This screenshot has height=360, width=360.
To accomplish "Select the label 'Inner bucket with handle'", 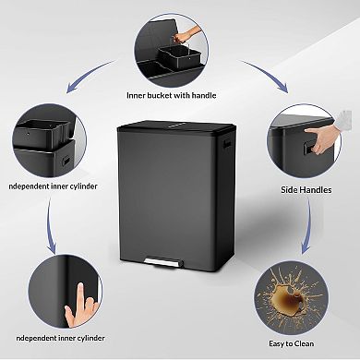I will click(x=180, y=94).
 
